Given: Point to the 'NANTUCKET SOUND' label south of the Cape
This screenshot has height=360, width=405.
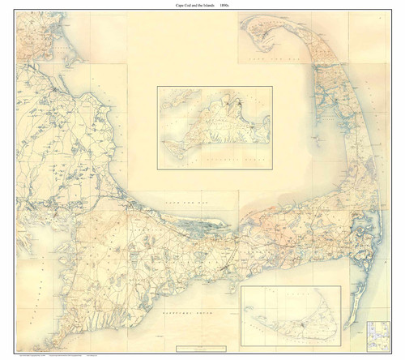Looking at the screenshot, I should (x=181, y=312).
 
